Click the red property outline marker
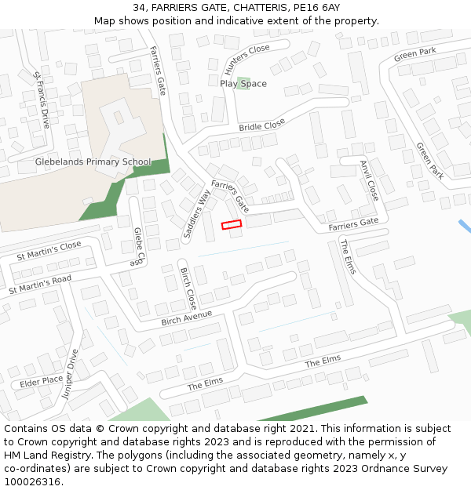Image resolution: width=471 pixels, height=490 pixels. [x=231, y=225]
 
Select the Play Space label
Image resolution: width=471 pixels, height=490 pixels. [x=243, y=84]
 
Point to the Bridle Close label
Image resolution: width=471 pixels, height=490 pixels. [x=262, y=125]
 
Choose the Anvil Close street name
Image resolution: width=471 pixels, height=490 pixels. [x=369, y=180]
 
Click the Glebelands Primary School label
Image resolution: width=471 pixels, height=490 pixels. [x=93, y=162]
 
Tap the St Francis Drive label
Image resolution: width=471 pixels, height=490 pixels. [x=42, y=100]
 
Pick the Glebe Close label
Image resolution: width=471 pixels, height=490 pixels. [x=138, y=246]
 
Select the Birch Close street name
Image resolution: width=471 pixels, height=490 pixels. [x=188, y=289]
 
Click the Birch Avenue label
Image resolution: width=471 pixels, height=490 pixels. [x=187, y=319]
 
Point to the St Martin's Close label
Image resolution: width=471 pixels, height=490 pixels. [x=49, y=251]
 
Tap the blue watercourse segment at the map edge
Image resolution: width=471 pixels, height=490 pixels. [x=465, y=226]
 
